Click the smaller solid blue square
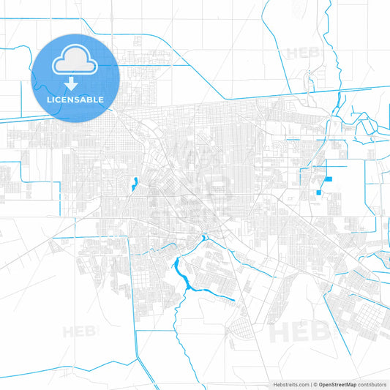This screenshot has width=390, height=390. pyautogui.click(x=319, y=193)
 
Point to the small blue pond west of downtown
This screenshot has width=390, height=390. pyautogui.click(x=135, y=184)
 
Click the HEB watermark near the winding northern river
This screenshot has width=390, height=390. pyautogui.click(x=302, y=53)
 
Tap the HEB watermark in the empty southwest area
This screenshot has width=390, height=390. pyautogui.click(x=80, y=331)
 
